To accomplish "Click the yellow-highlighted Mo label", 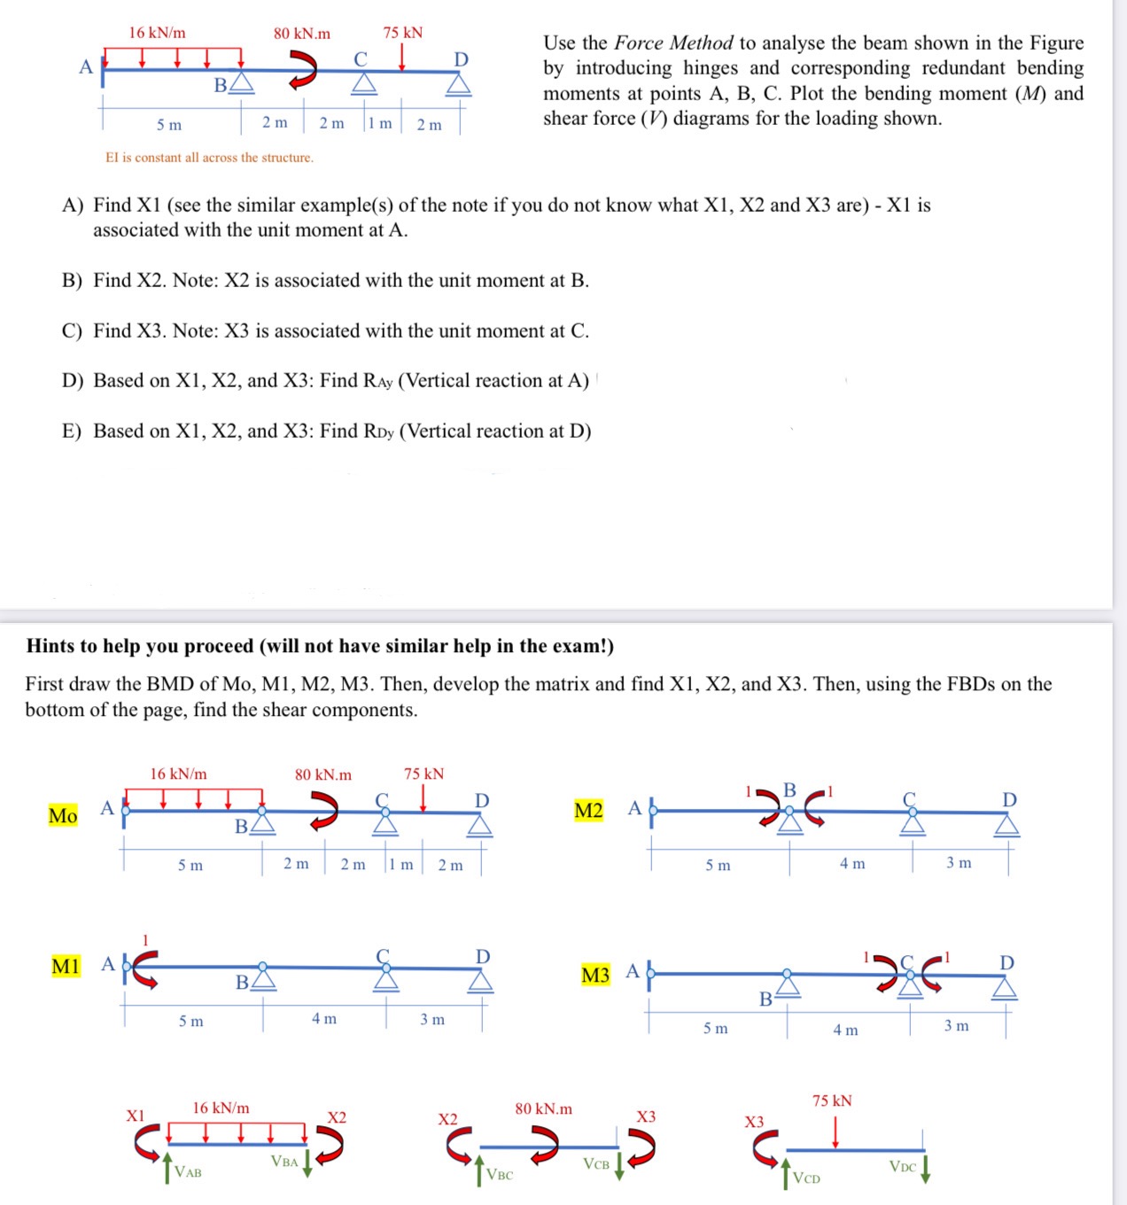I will point(63,815).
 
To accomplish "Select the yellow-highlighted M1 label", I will point(66,966).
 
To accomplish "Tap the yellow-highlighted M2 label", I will point(588,811).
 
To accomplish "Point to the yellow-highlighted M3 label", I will point(595,976).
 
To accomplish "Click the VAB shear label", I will point(188,1172).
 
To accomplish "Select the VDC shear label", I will point(903,1167).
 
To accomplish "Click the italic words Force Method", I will point(673,43).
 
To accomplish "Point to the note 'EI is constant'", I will point(209,158).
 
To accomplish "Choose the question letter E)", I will point(72,431).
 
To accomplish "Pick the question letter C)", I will point(72,331).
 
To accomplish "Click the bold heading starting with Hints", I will point(320,646).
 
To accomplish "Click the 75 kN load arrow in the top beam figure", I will point(403,56).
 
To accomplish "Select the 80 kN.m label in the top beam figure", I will point(301,34).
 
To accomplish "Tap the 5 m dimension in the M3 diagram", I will point(715,1028).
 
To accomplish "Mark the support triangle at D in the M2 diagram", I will point(1007,826).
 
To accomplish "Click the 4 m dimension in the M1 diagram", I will point(323,1019).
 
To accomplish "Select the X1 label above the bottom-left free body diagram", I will point(135,1116).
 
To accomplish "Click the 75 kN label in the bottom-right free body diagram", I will point(832,1100).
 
